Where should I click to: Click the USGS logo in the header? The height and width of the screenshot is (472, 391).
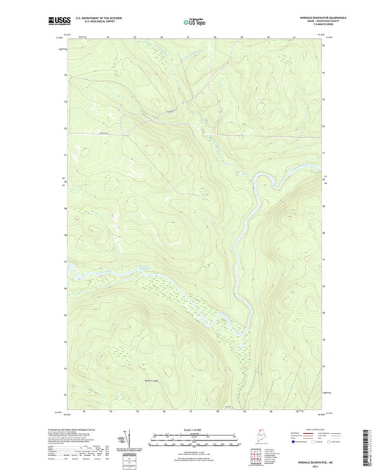(60, 22)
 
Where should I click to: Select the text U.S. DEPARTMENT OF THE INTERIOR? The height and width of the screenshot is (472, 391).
(98, 18)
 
